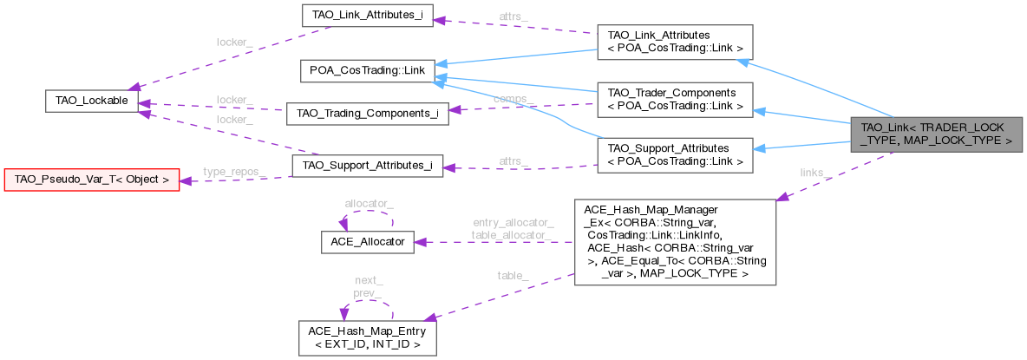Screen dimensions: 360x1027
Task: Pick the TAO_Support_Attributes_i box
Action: click(x=367, y=165)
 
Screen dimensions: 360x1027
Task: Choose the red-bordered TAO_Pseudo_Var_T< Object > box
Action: click(x=92, y=180)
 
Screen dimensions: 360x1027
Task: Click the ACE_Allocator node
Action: click(x=368, y=242)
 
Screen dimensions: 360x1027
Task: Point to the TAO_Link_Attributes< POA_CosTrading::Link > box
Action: click(x=671, y=42)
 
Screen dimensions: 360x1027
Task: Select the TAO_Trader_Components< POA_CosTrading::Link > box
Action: click(x=671, y=99)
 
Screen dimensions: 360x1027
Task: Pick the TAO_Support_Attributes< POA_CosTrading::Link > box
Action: click(x=671, y=154)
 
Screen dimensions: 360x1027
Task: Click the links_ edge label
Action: click(x=814, y=172)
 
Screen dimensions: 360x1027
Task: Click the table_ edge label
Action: click(x=512, y=275)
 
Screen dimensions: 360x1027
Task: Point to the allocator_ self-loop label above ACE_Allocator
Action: click(x=369, y=203)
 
